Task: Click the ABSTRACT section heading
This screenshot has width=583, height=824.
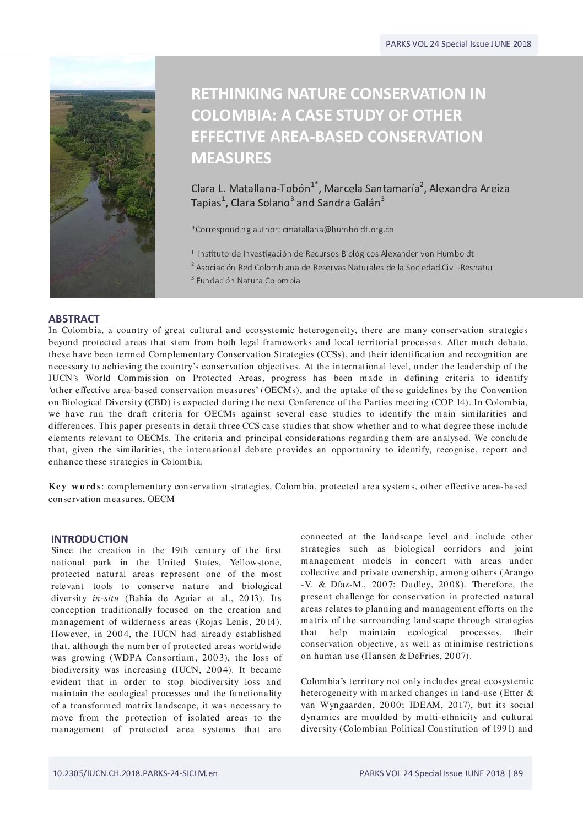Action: click(x=74, y=319)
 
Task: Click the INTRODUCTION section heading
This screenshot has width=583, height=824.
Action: click(x=89, y=539)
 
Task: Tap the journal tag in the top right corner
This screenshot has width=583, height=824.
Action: click(x=458, y=45)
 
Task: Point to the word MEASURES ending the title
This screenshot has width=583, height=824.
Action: click(x=231, y=159)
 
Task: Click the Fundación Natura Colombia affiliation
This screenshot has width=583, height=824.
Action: click(x=248, y=281)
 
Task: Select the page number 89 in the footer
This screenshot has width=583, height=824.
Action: click(x=518, y=773)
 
